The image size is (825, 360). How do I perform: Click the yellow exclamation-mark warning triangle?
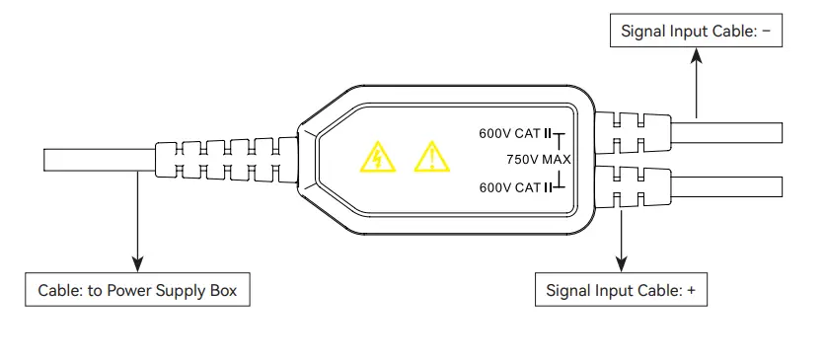tap(429, 157)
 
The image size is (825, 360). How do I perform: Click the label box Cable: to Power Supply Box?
tap(137, 291)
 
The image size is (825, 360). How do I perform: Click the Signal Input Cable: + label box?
tap(627, 291)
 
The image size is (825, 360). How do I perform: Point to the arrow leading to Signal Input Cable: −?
tap(697, 84)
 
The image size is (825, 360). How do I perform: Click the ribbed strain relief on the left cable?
tap(225, 159)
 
